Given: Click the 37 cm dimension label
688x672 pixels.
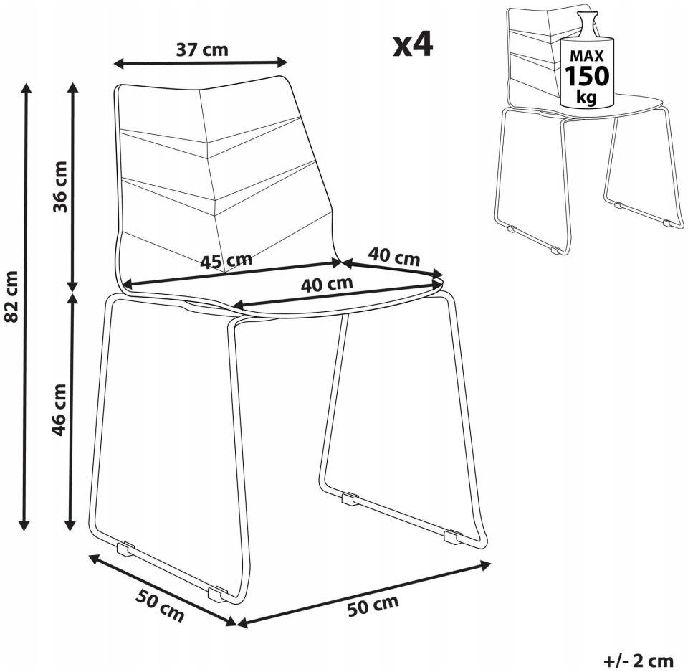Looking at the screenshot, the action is tap(202, 49).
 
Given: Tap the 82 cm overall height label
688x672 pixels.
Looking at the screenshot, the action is tap(12, 296).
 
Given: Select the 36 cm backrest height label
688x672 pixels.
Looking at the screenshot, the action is tap(60, 187).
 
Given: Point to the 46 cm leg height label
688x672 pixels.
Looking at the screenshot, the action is tap(59, 410).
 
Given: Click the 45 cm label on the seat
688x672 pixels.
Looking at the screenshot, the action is tap(226, 261).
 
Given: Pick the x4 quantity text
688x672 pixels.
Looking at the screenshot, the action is tap(413, 44).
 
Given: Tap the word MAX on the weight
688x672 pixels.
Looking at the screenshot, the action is tap(587, 55).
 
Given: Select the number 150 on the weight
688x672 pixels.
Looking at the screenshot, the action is tap(587, 75).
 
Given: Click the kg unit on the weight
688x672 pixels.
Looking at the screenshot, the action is tap(587, 97).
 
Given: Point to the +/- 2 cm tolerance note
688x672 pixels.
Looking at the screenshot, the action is tap(640, 660).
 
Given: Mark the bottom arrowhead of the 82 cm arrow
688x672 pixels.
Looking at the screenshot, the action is tap(24, 524).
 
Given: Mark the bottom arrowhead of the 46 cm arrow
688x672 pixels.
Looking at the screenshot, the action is tap(71, 524).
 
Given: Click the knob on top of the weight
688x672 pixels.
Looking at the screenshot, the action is tap(587, 21).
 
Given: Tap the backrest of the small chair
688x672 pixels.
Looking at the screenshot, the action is tap(532, 57).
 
